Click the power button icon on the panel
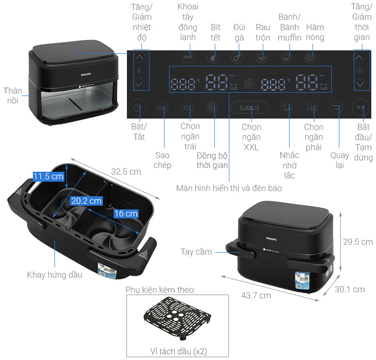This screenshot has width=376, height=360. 137,108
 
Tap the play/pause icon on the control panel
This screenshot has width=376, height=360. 360,108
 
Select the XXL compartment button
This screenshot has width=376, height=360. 249,107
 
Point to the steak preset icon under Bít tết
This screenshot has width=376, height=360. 214,57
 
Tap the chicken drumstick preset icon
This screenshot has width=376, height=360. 238,57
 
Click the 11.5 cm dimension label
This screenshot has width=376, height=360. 48,177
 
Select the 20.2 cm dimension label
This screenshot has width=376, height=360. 86,200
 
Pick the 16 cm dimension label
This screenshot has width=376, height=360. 125,213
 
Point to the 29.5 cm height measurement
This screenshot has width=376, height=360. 357,242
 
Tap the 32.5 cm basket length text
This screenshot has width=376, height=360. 126,172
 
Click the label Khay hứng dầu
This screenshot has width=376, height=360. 55,275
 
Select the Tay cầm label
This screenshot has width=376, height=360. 196,252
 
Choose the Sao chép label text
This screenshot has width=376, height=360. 162,160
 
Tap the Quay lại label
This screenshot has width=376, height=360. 339,160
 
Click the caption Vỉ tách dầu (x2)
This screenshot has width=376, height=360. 176,352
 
